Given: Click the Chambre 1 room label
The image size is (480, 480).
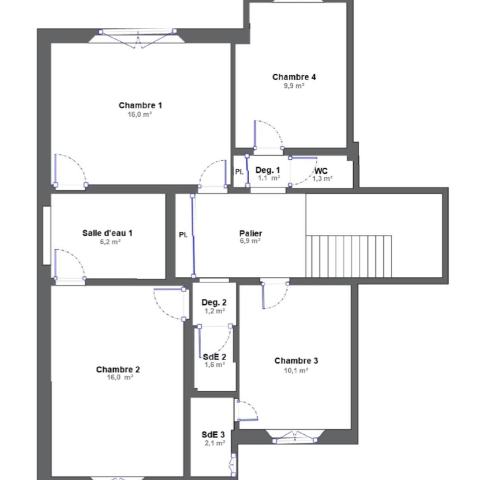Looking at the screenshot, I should (x=140, y=105).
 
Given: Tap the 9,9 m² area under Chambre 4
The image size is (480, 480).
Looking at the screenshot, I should (x=294, y=86).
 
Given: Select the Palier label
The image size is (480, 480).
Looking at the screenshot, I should (x=251, y=233).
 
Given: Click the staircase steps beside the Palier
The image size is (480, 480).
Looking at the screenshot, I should (x=350, y=256).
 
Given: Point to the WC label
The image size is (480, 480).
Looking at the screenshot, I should (x=321, y=171).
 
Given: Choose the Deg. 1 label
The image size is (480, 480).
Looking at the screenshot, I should (x=268, y=170).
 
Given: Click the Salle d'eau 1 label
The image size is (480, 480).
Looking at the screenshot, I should (x=108, y=233).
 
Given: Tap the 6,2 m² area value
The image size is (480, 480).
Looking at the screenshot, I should (x=108, y=242).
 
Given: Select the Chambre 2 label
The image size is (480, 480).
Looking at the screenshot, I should (x=118, y=369).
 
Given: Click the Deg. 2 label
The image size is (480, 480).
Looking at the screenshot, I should (x=214, y=302).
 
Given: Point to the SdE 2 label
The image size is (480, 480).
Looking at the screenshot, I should (x=215, y=357).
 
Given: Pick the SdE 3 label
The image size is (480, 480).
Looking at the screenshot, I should (x=213, y=434).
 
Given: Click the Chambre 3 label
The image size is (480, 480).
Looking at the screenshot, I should (x=296, y=361).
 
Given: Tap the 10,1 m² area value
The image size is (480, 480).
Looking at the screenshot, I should (x=296, y=370).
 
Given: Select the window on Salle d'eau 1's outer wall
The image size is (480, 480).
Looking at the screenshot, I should (x=47, y=235).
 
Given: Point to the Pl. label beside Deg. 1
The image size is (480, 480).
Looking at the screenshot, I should (x=239, y=171).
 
